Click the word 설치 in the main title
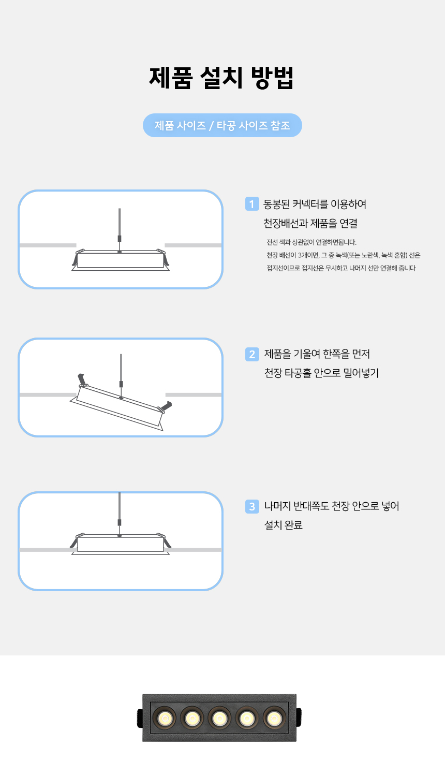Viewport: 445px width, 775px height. pos(221,78)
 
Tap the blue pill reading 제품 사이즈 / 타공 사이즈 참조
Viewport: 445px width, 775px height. pos(222,125)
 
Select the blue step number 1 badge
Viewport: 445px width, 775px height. pos(252,204)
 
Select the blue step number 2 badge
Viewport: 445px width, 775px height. pos(252,354)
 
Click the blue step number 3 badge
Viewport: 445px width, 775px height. pos(252,506)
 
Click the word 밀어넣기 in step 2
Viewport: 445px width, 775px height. pos(361,373)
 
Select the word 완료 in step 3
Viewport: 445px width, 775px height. pos(293,525)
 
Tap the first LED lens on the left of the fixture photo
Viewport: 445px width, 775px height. pos(165,718)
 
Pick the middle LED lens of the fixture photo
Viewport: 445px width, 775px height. pos(219,718)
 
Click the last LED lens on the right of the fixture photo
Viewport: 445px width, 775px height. pos(275,718)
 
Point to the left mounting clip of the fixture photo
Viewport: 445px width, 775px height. pos(140,718)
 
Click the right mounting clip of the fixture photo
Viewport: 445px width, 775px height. pos(299,717)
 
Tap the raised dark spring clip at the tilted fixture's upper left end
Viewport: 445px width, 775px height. pos(82,379)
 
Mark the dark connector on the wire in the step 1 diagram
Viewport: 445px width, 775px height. pos(120,238)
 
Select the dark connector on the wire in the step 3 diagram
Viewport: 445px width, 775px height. pos(120,522)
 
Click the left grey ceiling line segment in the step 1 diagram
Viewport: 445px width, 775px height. pos(48,245)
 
